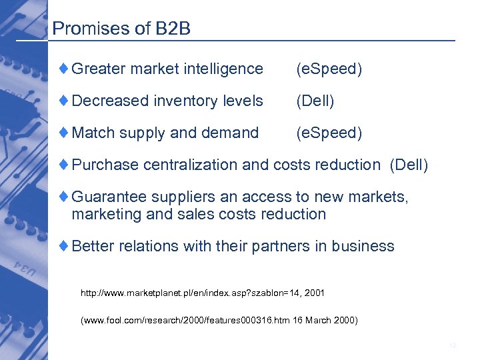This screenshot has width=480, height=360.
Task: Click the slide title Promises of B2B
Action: tap(121, 28)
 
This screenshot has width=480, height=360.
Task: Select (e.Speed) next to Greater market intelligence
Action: tap(329, 69)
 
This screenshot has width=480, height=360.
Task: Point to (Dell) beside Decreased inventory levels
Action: tap(315, 101)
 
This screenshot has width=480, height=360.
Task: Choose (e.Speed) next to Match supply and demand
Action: tap(329, 133)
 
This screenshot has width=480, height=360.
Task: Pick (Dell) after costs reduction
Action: tap(409, 165)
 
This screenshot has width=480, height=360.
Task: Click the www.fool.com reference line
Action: tap(219, 321)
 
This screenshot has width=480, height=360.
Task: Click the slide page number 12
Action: tap(453, 345)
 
